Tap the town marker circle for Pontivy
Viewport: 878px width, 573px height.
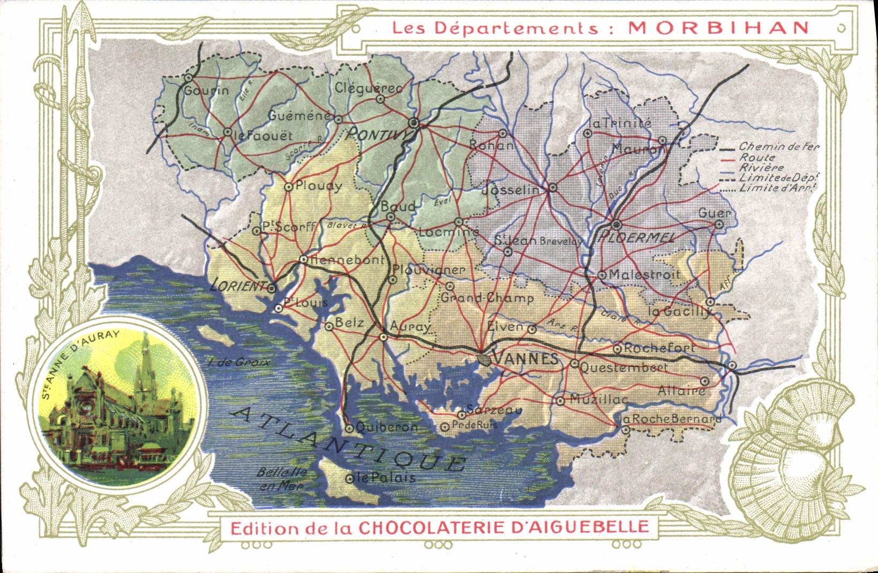coord(414,123)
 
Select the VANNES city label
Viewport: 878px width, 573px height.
coord(524,359)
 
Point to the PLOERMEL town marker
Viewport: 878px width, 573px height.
coord(616,225)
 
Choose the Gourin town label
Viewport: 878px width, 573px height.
coord(206,91)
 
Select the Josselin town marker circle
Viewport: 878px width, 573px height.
coord(553,188)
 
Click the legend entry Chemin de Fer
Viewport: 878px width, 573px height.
coord(778,146)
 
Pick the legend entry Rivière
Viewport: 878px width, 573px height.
coord(761,168)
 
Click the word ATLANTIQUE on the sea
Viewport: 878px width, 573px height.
coord(348,440)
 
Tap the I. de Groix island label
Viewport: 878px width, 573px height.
coord(238,363)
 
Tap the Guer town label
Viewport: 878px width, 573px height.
coord(714,213)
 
